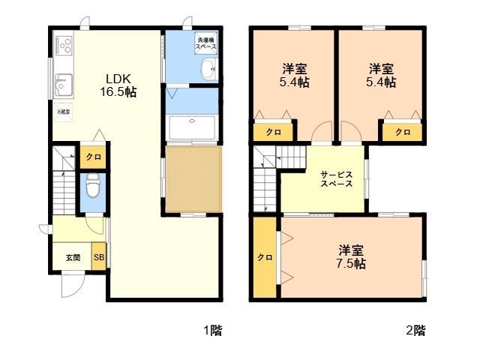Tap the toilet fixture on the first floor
tap(93, 184)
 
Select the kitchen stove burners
tap(62, 44)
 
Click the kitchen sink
tap(62, 80)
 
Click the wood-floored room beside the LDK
tap(193, 179)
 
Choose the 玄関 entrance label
tap(73, 257)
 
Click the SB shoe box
tap(99, 257)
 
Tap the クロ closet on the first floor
tap(93, 157)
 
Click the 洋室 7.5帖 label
tap(351, 256)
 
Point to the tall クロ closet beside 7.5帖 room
tap(265, 256)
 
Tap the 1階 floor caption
tap(211, 329)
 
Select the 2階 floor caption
tap(415, 329)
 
